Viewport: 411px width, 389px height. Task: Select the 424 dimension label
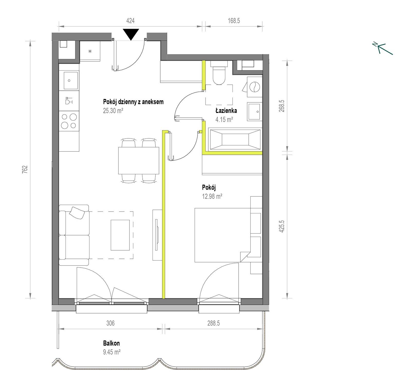(x=130, y=21)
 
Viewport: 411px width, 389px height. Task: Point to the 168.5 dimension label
(x=234, y=21)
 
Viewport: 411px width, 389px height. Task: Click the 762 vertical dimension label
(x=25, y=169)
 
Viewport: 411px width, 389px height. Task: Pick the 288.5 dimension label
(x=214, y=323)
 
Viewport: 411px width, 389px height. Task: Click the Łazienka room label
(x=226, y=111)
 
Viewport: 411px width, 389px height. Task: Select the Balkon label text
(x=111, y=343)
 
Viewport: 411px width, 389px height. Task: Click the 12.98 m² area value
(x=212, y=196)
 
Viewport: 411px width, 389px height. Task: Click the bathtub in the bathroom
(x=235, y=139)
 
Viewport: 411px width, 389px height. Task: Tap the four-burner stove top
(x=69, y=121)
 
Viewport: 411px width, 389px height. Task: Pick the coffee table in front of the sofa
(x=120, y=235)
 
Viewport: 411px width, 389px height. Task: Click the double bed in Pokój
(x=222, y=235)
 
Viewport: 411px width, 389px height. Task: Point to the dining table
(x=139, y=160)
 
